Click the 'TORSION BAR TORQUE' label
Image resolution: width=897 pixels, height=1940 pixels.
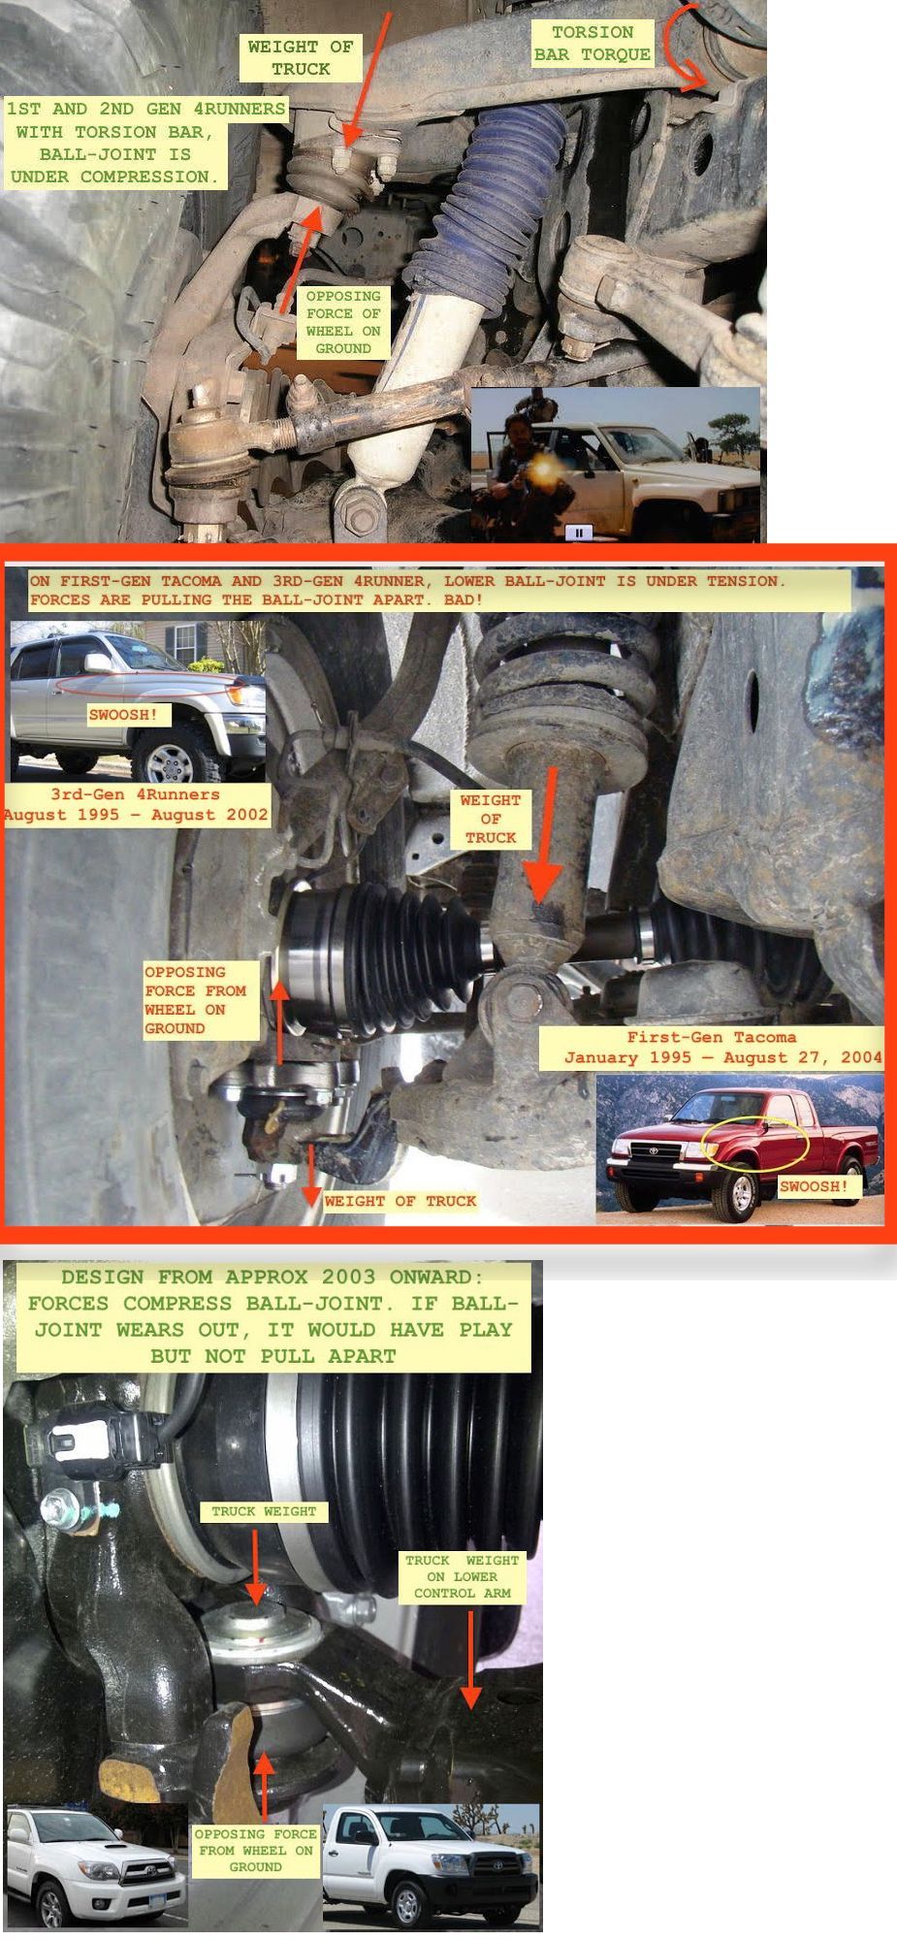coord(593,44)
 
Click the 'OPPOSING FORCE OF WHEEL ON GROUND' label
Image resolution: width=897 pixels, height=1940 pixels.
coord(343,322)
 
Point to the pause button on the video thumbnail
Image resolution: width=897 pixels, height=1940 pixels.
coord(579,532)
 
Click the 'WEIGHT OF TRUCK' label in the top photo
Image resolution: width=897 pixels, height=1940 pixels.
coord(301,57)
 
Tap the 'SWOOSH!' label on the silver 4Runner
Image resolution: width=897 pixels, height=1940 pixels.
coord(123,715)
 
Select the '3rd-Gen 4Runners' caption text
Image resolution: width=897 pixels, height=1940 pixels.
coord(135,794)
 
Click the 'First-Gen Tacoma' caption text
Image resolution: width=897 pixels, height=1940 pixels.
coord(712,1036)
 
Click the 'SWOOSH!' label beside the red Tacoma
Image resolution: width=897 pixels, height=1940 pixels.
coord(815,1186)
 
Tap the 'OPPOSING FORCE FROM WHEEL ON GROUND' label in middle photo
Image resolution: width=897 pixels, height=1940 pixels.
coord(195,999)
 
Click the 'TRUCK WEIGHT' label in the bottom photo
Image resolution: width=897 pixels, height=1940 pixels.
coord(264,1511)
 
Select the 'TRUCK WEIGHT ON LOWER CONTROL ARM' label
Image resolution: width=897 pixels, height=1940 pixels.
coord(462,1576)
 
